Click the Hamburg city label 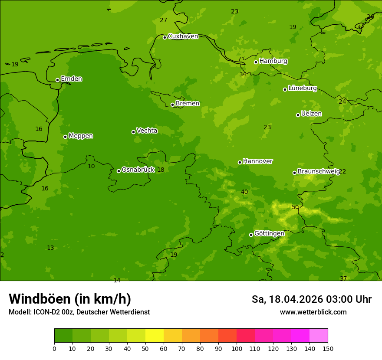click(x=273, y=61)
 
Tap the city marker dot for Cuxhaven click(x=165, y=37)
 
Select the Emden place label click(x=71, y=79)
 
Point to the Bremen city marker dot click(x=172, y=105)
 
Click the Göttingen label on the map click(x=269, y=234)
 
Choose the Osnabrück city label click(x=138, y=170)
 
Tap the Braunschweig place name click(x=318, y=172)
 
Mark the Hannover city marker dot click(x=240, y=162)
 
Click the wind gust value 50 click(x=295, y=207)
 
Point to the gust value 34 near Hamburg click(x=243, y=75)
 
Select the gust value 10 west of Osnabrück click(x=91, y=167)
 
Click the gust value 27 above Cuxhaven click(x=163, y=20)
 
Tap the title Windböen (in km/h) click(x=70, y=299)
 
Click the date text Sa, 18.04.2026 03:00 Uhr click(x=311, y=299)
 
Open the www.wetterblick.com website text click(x=313, y=312)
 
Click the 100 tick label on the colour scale click(x=237, y=348)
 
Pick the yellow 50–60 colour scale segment click(x=155, y=336)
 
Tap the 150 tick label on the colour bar click(x=328, y=348)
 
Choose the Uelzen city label click(x=311, y=114)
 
